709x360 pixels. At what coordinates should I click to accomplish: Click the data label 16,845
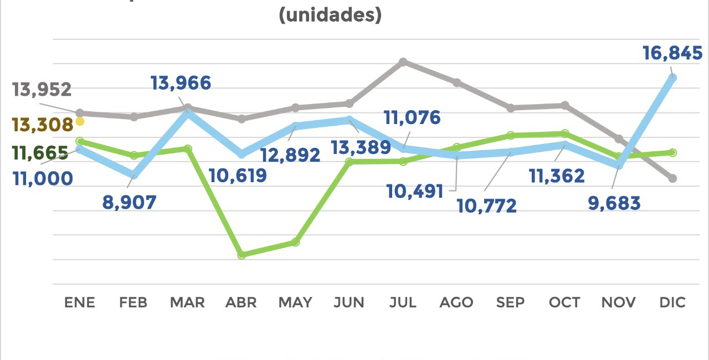(x=672, y=54)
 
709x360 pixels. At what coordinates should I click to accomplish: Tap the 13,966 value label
(x=181, y=84)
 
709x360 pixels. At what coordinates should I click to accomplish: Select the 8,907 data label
(x=130, y=202)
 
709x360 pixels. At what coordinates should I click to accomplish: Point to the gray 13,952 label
(x=42, y=89)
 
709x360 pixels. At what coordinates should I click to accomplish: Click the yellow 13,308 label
(x=43, y=125)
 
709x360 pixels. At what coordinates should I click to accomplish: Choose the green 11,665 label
(x=40, y=153)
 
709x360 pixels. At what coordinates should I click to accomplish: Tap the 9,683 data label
(x=614, y=203)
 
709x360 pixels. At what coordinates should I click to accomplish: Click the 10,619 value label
(x=238, y=176)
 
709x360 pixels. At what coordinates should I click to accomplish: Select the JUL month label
(x=403, y=302)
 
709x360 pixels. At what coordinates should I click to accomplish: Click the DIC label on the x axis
(x=672, y=302)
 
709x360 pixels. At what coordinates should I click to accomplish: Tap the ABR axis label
(x=242, y=302)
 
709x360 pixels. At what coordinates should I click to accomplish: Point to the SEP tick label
(x=511, y=302)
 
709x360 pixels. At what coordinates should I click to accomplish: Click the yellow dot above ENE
(x=80, y=121)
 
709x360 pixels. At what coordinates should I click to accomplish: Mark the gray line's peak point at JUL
(x=403, y=61)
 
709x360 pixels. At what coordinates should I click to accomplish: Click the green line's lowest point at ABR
(x=242, y=255)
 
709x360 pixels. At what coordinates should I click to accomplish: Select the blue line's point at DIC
(x=672, y=78)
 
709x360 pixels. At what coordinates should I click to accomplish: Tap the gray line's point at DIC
(x=672, y=178)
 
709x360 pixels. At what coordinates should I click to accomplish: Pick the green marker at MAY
(x=295, y=242)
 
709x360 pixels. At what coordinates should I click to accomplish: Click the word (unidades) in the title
(x=330, y=15)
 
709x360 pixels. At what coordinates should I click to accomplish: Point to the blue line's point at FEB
(x=133, y=174)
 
